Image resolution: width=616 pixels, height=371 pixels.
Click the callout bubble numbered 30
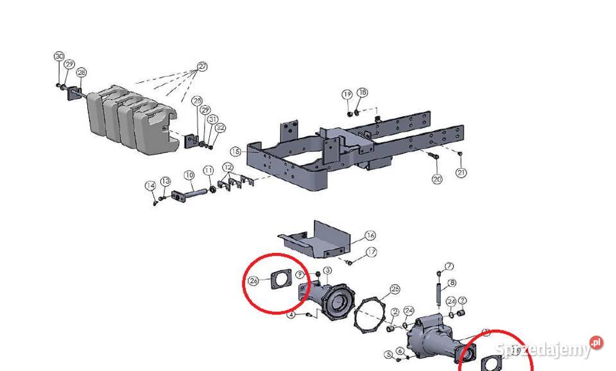(59, 56)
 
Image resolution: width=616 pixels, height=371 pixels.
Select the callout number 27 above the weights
(203, 66)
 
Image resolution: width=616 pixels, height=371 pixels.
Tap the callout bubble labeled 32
(220, 128)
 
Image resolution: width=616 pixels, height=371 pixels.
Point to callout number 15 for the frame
(235, 151)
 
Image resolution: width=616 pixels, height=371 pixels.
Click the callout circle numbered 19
(347, 94)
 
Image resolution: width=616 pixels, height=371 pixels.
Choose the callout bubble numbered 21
(461, 173)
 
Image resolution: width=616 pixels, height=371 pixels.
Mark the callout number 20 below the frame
(437, 179)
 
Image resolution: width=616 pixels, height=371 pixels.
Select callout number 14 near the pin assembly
(150, 185)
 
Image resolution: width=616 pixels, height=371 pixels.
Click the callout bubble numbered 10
(189, 175)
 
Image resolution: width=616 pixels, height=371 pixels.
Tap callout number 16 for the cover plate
(370, 236)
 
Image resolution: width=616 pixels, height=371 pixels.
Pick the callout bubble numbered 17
(372, 252)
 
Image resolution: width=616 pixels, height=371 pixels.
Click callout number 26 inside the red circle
(253, 280)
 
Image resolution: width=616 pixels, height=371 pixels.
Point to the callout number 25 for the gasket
(395, 289)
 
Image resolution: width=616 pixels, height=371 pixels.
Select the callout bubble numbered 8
(452, 283)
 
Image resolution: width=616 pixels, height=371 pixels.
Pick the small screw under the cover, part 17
(350, 261)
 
